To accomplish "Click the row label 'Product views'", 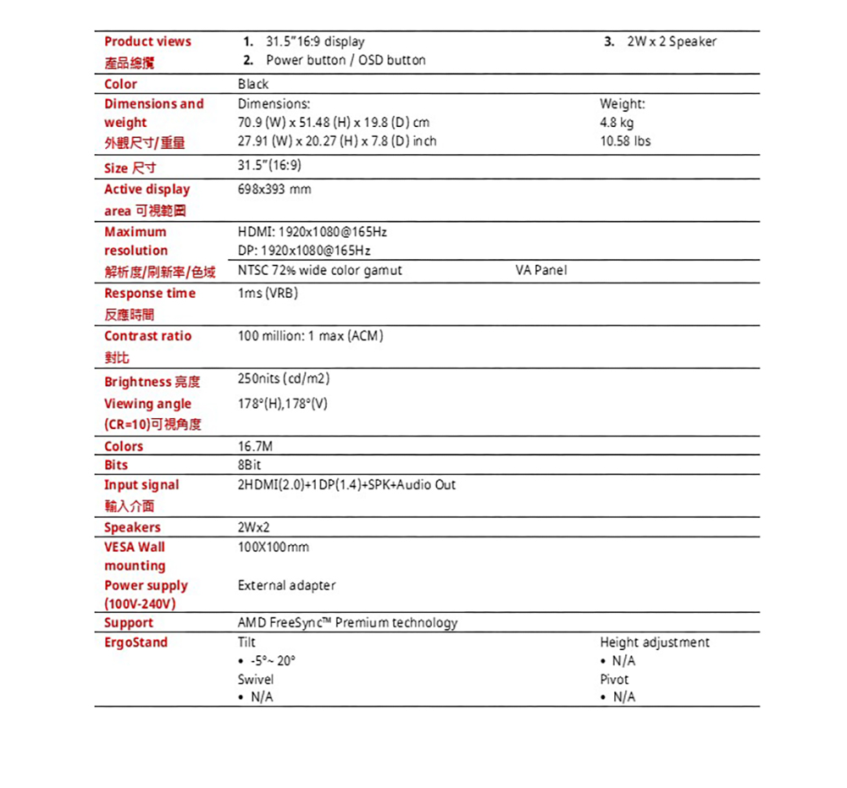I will point(147,41).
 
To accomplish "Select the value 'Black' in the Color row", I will point(253,84).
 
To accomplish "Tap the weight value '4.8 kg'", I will point(617,123).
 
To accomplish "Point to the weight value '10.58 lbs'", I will point(625,141).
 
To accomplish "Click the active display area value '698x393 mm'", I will point(274,190).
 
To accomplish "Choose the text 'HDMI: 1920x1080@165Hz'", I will point(313,232).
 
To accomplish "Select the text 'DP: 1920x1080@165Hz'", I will point(304,251).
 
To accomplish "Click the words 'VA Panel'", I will point(541,270).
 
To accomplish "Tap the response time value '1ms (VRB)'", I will point(268,293).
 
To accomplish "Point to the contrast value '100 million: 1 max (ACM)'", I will point(311,336).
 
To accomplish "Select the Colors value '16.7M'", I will point(256,446).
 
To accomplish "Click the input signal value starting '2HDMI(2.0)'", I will point(346,484).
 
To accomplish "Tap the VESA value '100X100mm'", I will point(274,547).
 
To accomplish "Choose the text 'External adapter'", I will point(286,585).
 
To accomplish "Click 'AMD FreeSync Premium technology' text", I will point(347,623).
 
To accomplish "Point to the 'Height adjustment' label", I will point(654,642).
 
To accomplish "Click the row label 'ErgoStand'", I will point(136,642).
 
